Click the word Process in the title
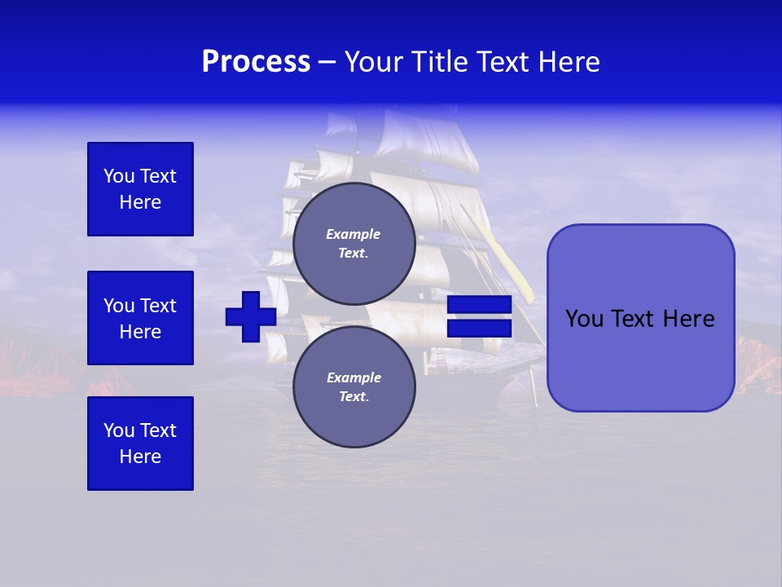point(256,62)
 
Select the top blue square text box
point(140,189)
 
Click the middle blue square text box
point(140,318)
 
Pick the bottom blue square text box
point(140,444)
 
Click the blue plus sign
point(251,316)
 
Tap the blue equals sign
point(479,316)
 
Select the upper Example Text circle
point(354,243)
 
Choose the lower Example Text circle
point(354,386)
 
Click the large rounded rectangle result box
point(640,318)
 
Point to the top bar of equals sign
point(479,304)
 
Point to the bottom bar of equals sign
point(479,329)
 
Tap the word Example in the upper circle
point(354,234)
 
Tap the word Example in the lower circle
point(354,377)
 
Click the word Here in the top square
point(140,202)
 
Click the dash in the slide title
point(327,62)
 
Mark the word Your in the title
point(374,62)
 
